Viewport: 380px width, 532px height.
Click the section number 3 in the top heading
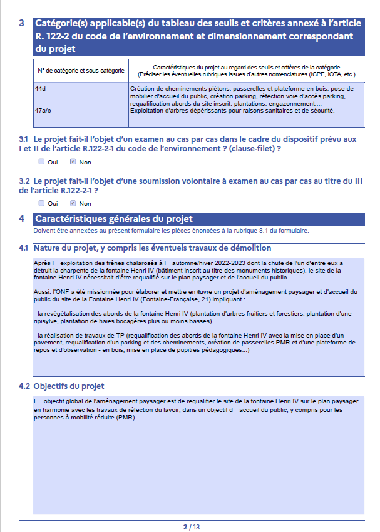(22, 23)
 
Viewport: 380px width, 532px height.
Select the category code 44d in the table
(41, 88)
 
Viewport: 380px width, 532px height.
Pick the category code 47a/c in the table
(43, 111)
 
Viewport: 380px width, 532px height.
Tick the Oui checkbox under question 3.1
(41, 162)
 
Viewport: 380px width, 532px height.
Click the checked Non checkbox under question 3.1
(73, 162)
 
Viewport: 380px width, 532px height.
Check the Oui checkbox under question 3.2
(41, 203)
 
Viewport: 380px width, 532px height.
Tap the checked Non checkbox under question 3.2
(73, 203)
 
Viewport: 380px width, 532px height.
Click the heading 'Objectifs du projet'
(69, 386)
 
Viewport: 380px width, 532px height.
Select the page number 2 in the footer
(185, 527)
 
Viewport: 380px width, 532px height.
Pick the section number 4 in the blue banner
(22, 219)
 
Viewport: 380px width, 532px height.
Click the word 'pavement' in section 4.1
(49, 343)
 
